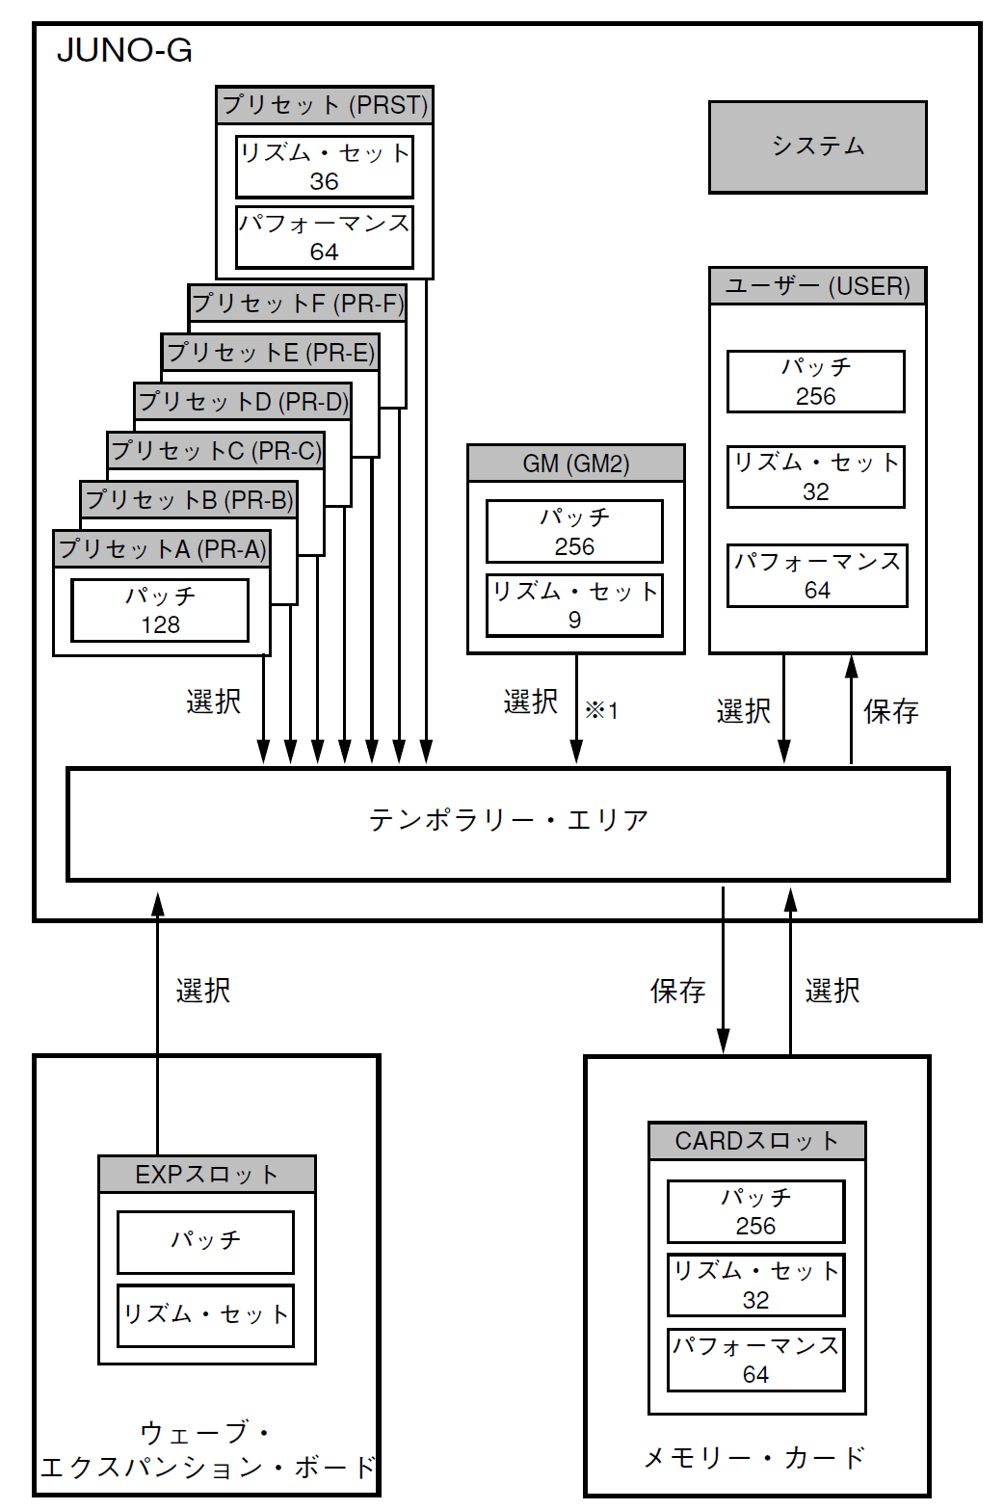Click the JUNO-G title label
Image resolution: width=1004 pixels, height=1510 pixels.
pos(124,50)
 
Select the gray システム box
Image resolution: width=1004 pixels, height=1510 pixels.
pos(817,147)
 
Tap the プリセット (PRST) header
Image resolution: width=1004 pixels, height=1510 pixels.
pos(325,105)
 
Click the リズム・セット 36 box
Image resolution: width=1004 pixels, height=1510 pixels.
pos(325,167)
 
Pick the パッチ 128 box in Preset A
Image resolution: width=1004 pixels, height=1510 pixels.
pos(160,610)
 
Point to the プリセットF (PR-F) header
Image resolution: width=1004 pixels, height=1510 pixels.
pos(297,304)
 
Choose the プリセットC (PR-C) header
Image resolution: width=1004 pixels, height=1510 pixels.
pos(216,451)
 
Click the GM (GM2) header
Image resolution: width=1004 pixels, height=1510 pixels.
pos(575,464)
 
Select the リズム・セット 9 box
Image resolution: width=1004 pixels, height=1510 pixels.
pos(574,605)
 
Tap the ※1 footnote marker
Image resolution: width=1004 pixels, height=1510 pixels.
pos(601,711)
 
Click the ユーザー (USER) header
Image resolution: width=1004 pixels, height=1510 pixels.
pos(817,286)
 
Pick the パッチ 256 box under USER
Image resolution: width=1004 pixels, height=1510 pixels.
pos(815,382)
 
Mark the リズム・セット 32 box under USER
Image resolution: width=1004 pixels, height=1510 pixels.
pos(815,477)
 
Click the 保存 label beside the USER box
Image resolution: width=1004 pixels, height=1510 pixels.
pos(890,712)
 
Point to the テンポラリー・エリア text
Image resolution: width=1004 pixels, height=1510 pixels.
pos(508,821)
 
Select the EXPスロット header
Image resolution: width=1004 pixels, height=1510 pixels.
pos(207,1175)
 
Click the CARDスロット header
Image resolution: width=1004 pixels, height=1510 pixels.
pos(756,1141)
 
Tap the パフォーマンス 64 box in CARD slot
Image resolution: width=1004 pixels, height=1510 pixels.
pos(755,1360)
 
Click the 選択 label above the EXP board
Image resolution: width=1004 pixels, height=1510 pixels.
pos(202,991)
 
